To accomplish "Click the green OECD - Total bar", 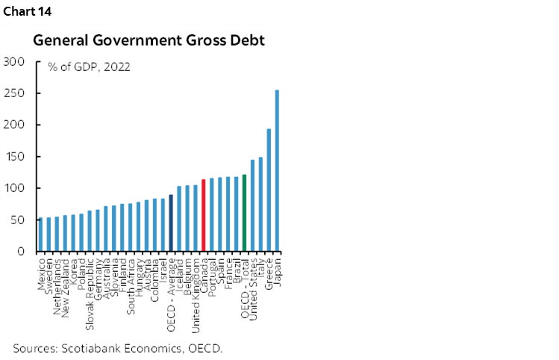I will pos(244,213).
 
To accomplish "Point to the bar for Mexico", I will pos(41,235).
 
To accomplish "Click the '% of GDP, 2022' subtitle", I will pos(89,66).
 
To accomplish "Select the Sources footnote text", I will pos(117,347).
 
